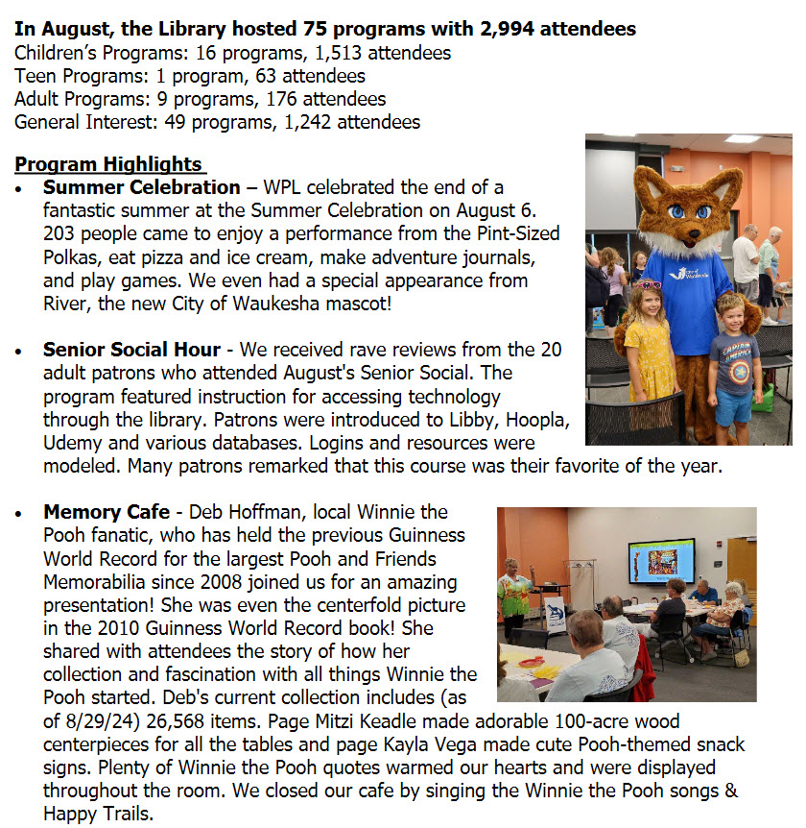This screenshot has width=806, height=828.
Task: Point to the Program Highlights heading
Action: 108,164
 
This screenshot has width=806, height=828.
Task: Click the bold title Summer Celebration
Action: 141,187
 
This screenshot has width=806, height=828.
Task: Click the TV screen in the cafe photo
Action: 661,561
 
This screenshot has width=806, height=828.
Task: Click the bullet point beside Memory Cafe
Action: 19,514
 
